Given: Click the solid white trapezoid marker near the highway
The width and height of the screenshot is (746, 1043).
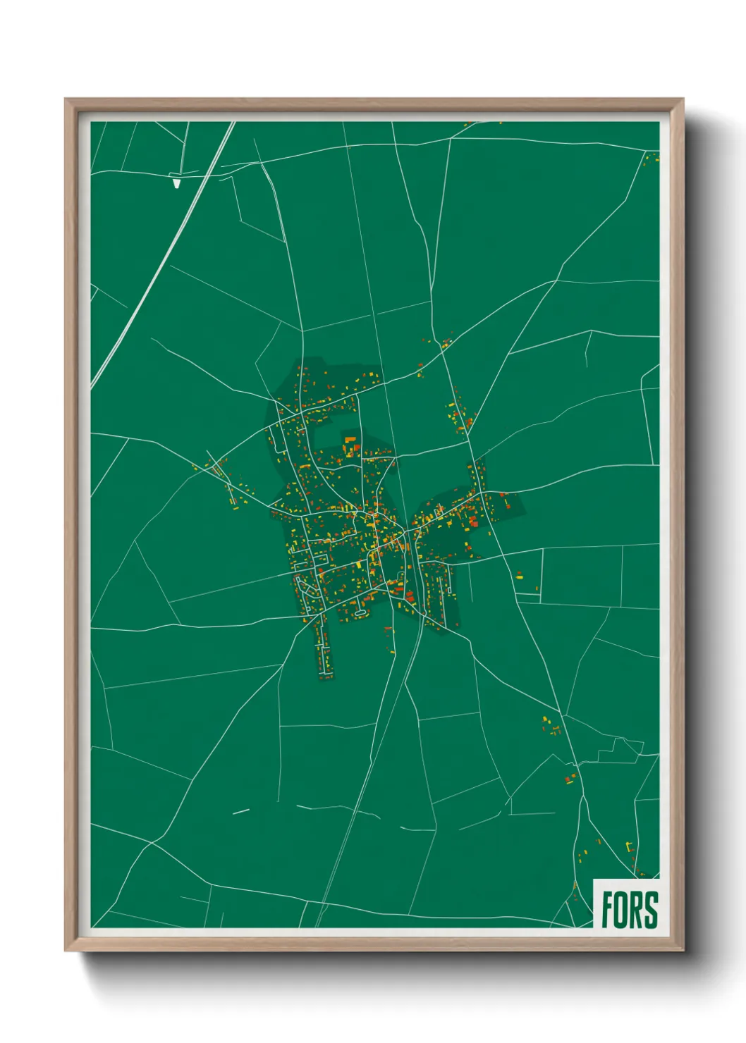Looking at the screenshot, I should click(176, 183).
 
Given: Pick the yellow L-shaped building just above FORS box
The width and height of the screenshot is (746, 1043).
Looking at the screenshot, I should click(629, 845).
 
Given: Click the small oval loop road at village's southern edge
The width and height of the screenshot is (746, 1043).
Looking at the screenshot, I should click(360, 612).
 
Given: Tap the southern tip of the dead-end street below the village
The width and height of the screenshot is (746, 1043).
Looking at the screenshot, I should click(325, 677).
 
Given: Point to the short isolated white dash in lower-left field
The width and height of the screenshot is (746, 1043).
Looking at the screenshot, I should click(241, 811).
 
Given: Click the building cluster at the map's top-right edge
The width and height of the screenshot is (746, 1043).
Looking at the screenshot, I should click(652, 157).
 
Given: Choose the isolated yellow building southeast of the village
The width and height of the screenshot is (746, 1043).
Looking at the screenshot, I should click(519, 576).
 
